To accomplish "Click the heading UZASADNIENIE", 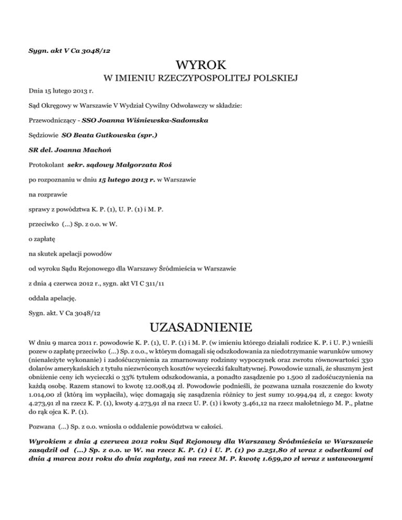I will coord(201,329).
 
